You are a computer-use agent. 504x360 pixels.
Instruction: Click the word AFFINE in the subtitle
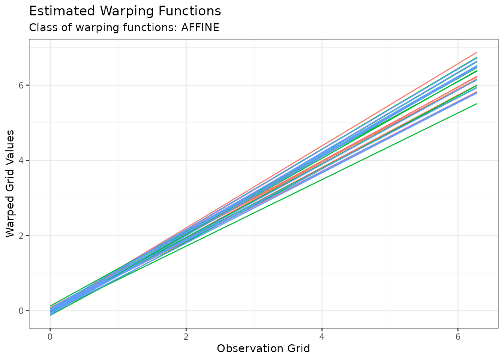pyautogui.click(x=200, y=28)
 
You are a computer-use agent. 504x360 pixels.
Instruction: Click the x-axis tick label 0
pyautogui.click(x=50, y=336)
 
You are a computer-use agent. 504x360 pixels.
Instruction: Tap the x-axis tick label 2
pyautogui.click(x=186, y=336)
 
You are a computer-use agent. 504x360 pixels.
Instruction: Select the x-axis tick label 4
pyautogui.click(x=322, y=336)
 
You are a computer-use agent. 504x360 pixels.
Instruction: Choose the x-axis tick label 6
pyautogui.click(x=457, y=336)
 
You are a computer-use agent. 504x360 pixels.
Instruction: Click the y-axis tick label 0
pyautogui.click(x=21, y=310)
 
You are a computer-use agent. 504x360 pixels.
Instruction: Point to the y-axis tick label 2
pyautogui.click(x=21, y=235)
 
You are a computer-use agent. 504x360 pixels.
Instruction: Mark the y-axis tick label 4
pyautogui.click(x=21, y=160)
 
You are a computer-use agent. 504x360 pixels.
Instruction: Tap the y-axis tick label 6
pyautogui.click(x=21, y=85)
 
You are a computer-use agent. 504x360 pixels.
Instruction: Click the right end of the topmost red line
pyautogui.click(x=477, y=52)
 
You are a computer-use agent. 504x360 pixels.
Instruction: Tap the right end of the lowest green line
pyautogui.click(x=477, y=103)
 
